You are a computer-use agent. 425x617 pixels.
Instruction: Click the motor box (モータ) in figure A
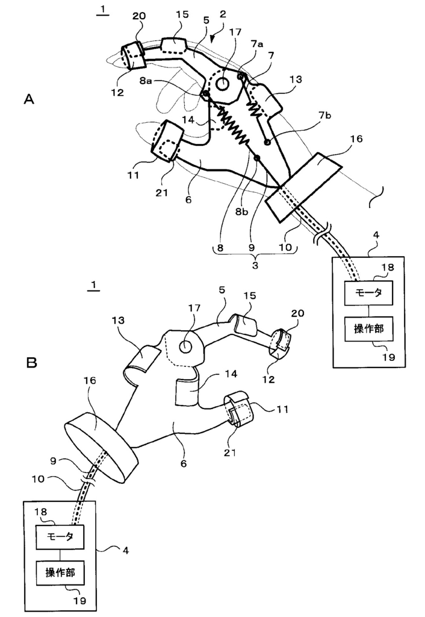(x=368, y=293)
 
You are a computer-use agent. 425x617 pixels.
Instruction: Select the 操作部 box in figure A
(x=368, y=329)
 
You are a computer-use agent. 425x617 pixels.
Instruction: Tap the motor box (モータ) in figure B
(x=60, y=537)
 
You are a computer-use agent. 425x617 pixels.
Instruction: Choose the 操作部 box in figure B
(x=60, y=573)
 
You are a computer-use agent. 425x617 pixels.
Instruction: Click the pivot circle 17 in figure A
(x=224, y=83)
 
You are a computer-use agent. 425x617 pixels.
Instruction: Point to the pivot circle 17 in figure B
(x=185, y=346)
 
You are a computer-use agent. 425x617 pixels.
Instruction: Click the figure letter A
(x=29, y=99)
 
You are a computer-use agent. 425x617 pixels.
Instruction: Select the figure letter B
(x=31, y=362)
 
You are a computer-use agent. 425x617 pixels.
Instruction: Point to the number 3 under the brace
(x=255, y=265)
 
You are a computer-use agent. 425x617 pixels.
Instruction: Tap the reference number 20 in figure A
(x=139, y=16)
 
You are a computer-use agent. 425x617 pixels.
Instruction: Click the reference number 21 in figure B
(x=230, y=453)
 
